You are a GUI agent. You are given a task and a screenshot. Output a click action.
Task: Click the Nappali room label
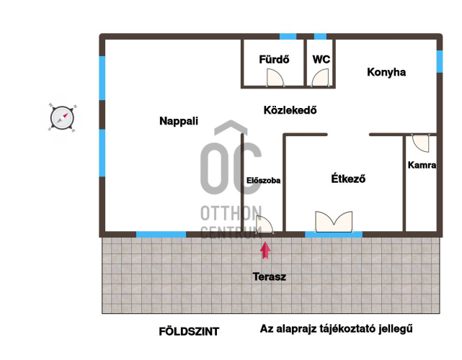pyautogui.click(x=179, y=121)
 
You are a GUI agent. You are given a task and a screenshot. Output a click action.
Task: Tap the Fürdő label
pyautogui.click(x=274, y=60)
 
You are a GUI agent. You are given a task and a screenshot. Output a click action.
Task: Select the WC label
pyautogui.click(x=321, y=60)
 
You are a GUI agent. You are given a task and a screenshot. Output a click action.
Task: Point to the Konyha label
pyautogui.click(x=386, y=72)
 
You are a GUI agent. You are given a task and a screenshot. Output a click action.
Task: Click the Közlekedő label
pyautogui.click(x=290, y=110)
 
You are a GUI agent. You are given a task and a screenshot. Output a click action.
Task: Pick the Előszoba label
pyautogui.click(x=263, y=181)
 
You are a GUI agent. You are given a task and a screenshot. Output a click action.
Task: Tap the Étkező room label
pyautogui.click(x=348, y=179)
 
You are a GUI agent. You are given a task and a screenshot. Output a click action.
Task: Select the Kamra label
pyautogui.click(x=422, y=165)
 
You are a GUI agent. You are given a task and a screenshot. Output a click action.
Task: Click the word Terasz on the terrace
pyautogui.click(x=270, y=276)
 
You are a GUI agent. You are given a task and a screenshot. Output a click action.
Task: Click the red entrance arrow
pyautogui.click(x=265, y=251)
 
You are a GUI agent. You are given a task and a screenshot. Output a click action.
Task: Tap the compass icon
pyautogui.click(x=62, y=118)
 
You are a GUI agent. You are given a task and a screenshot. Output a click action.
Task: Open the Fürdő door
pyautogui.click(x=275, y=78)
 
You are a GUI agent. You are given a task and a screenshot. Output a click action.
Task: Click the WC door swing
pyautogui.click(x=320, y=78)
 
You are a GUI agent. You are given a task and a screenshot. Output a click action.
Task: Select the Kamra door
pyautogui.click(x=421, y=143)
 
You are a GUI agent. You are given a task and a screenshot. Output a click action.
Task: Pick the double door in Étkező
pyautogui.click(x=334, y=222)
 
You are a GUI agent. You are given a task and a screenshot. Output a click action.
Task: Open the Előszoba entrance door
pyautogui.click(x=265, y=225)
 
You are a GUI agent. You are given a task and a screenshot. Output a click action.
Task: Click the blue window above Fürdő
pyautogui.click(x=288, y=37)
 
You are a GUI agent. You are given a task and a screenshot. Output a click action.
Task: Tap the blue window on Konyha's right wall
pyautogui.click(x=440, y=61)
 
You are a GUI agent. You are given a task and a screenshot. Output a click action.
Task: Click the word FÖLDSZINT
pyautogui.click(x=189, y=332)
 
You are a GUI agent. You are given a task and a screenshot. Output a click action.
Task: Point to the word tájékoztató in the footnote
pyautogui.click(x=342, y=328)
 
